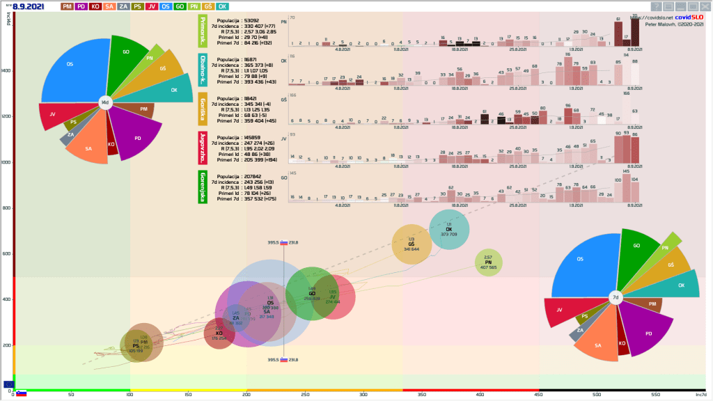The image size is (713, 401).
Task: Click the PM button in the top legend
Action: tap(67, 6)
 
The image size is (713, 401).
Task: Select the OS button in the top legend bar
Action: tap(164, 6)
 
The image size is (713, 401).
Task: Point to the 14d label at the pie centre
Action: tap(104, 102)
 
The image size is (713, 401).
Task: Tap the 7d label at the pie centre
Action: tap(615, 297)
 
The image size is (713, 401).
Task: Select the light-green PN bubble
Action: tap(488, 262)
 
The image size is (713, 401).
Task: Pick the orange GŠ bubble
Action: tap(411, 244)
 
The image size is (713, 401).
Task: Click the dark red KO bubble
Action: tap(219, 333)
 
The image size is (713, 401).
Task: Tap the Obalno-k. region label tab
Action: tap(203, 69)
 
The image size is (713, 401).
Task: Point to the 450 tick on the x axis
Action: tap(539, 394)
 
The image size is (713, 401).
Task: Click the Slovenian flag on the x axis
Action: tap(22, 393)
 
